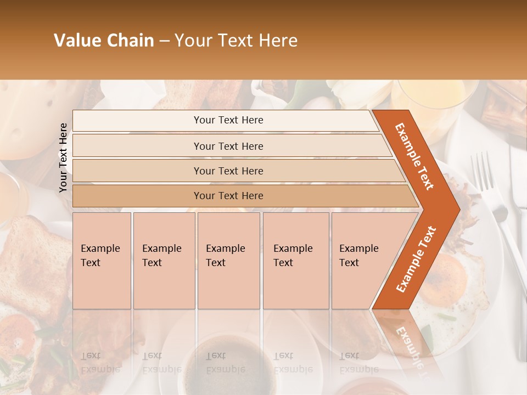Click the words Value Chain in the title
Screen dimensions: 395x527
tap(104, 41)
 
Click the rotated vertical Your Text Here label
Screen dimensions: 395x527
tap(63, 157)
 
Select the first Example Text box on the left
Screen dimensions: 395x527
tap(102, 261)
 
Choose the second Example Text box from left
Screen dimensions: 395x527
tap(164, 261)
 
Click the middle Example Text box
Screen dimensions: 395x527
tap(228, 261)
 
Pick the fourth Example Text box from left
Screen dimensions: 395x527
tap(296, 261)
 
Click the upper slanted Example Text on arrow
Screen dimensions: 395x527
tap(414, 156)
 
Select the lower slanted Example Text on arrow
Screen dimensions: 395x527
tap(416, 259)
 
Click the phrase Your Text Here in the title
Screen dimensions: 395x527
tap(236, 41)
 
